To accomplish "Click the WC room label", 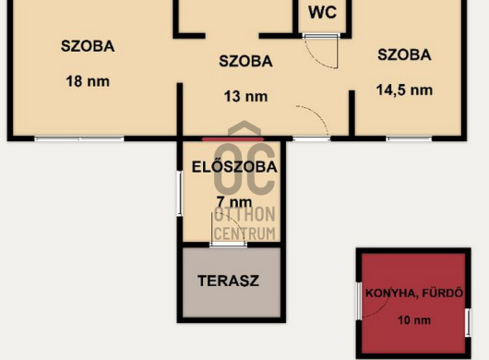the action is point(323,13).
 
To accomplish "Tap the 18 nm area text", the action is point(88,82).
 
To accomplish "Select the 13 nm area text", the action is point(245,97).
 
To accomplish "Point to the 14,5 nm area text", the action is point(404,90).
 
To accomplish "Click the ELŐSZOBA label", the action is point(234,167).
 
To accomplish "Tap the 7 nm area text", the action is point(234,202).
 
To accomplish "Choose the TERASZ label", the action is point(228,281).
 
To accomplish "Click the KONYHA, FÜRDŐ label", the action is point(414,294).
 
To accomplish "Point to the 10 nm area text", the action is point(414,320).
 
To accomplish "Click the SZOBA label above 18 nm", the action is point(88,46).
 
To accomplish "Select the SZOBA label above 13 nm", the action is point(245,61).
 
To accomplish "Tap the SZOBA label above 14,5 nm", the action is point(404,54).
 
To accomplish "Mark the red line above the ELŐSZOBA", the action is point(233,139).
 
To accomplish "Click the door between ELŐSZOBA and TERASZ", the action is point(228,245).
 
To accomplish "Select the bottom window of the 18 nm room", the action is point(79,138).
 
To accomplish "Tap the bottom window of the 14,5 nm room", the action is point(409,138).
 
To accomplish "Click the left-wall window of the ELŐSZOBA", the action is point(179,194).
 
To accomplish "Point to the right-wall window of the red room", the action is point(468,323).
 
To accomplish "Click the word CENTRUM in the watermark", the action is point(244,234).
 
